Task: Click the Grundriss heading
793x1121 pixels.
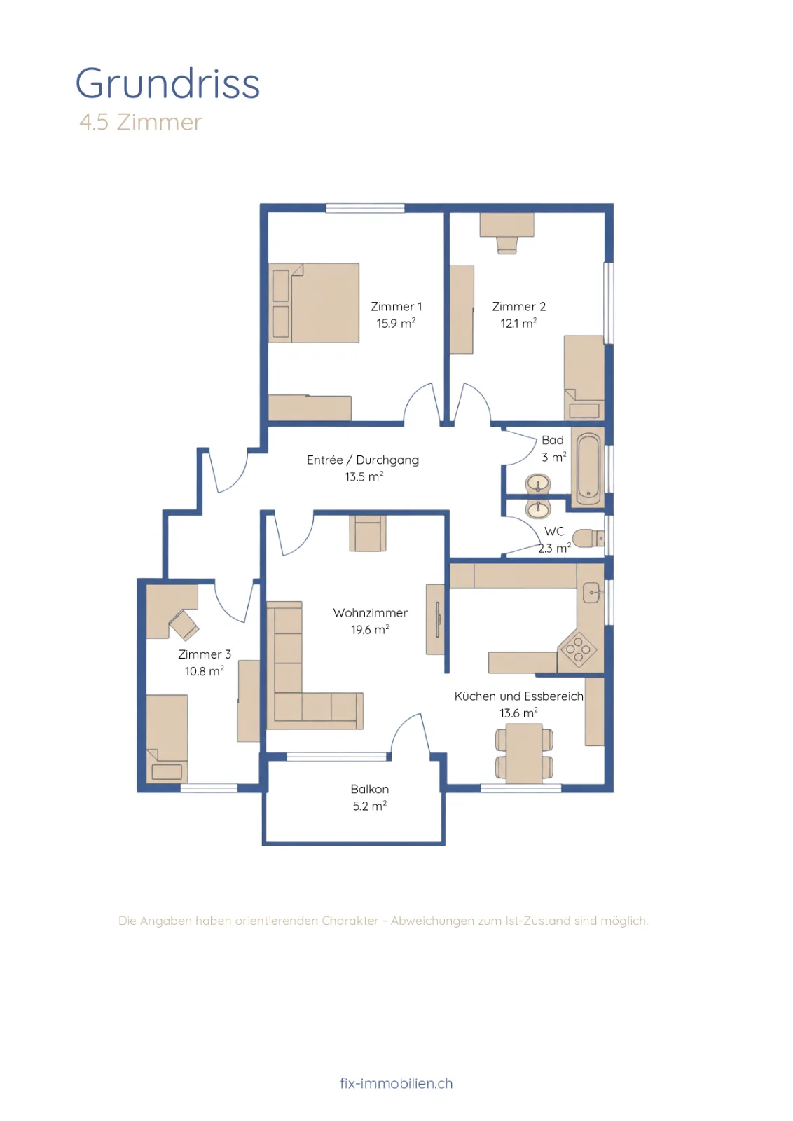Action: [x=167, y=83]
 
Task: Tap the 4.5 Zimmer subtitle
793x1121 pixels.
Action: [x=141, y=122]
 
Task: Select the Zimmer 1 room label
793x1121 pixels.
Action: [x=396, y=306]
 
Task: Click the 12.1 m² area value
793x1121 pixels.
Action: [x=519, y=323]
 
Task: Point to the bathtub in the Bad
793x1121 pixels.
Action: [x=588, y=469]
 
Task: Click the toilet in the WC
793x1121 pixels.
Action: [x=588, y=539]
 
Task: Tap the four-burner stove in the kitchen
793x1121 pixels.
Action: [x=579, y=649]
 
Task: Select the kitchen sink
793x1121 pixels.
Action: [x=593, y=593]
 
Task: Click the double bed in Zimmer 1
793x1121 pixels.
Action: [x=314, y=303]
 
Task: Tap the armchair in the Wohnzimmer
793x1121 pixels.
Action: [x=368, y=533]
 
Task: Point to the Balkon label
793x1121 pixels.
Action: [x=370, y=789]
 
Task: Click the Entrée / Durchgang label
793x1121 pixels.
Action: [x=363, y=460]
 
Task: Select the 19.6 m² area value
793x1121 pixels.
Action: [x=371, y=630]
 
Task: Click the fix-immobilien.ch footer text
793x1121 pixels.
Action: [x=396, y=1083]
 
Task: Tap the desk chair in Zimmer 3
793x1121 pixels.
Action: [x=184, y=625]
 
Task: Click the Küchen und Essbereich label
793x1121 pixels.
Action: [x=519, y=696]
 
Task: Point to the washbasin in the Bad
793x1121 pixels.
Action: [x=538, y=484]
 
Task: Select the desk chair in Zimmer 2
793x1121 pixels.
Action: [x=506, y=245]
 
